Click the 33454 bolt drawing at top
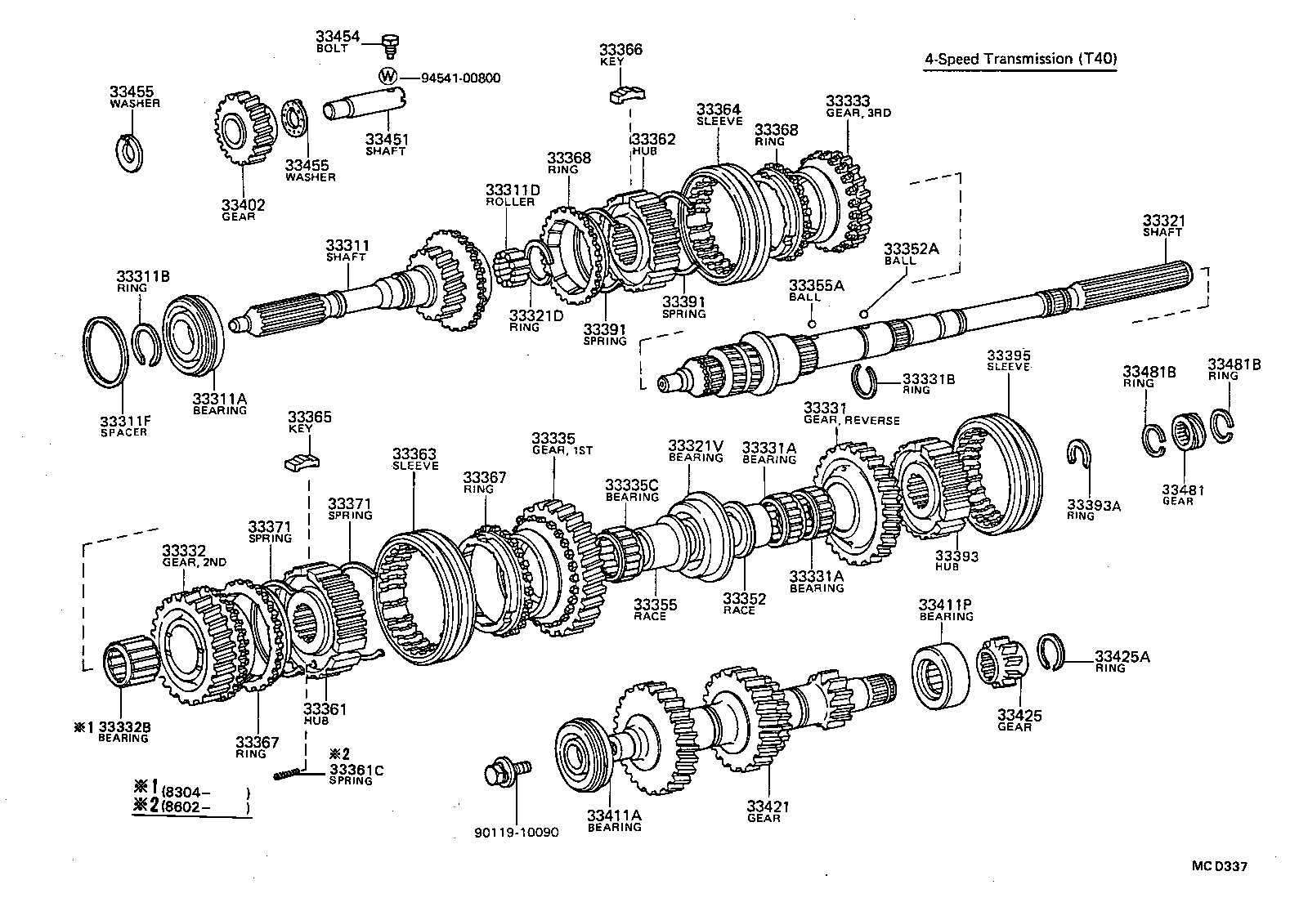pos(390,45)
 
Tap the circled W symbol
pos(389,77)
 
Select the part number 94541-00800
pos(460,78)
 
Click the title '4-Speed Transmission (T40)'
pos(1020,59)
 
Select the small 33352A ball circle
pos(864,313)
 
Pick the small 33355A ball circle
pos(811,324)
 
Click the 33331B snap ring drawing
pos(865,380)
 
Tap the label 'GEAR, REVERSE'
pos(851,421)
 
